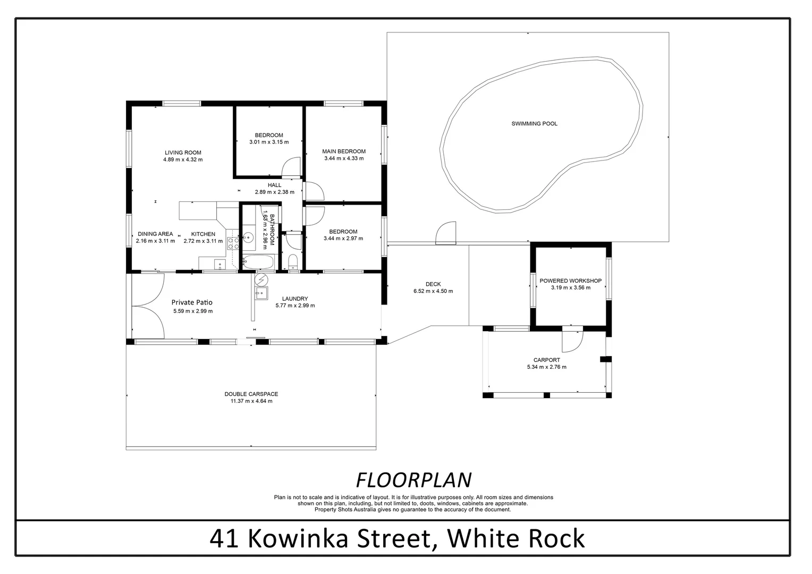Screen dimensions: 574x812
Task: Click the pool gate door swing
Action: coord(446,234)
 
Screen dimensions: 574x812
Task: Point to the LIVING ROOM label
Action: coord(183,153)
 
